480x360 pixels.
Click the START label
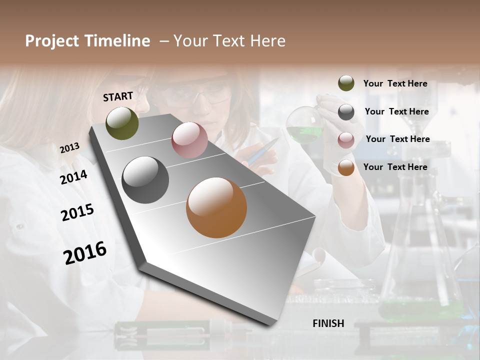pos(118,96)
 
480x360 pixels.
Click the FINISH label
pos(328,323)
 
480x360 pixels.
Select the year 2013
pos(69,147)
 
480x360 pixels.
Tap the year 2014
pos(73,177)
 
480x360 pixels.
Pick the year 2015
pos(77,212)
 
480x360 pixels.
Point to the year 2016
pos(85,253)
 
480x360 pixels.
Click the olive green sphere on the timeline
pos(122,123)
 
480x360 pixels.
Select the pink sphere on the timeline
pos(189,140)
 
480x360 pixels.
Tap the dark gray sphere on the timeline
pos(145,180)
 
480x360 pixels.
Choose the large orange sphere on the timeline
pos(216,207)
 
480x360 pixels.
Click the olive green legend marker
pos(346,83)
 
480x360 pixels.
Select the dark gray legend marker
pos(346,112)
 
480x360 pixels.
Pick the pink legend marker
pos(346,140)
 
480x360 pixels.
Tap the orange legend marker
pos(346,167)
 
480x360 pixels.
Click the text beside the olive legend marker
pos(395,84)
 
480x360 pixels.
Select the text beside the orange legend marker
pos(395,167)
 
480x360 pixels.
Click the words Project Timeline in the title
pos(87,41)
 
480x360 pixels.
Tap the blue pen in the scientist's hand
pos(262,151)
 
